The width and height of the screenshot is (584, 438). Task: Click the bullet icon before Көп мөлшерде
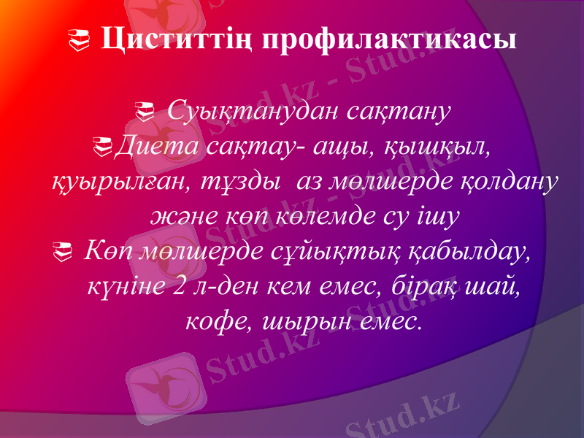tap(64, 254)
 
